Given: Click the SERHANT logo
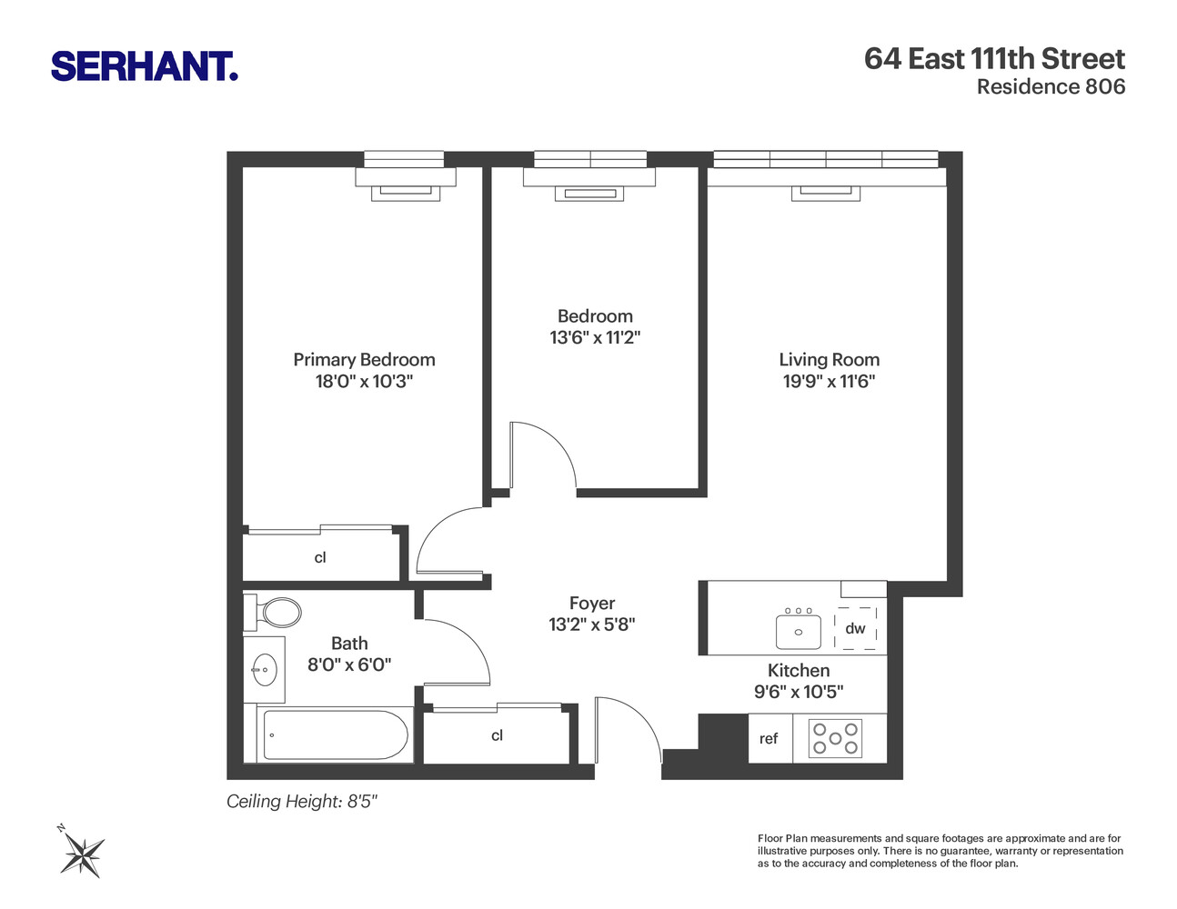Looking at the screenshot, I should tap(144, 66).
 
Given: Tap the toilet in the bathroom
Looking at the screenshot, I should tap(277, 613).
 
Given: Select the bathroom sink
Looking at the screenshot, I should tap(264, 671).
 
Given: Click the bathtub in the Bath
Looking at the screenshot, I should tap(335, 734).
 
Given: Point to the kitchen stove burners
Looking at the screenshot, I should tap(836, 738).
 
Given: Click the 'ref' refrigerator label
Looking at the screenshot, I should tap(769, 739).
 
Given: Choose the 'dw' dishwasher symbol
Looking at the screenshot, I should tap(855, 628).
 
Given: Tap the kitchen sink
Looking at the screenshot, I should tap(799, 631).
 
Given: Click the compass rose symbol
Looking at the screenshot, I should tap(82, 854).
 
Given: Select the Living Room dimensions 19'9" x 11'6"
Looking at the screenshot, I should tap(829, 382).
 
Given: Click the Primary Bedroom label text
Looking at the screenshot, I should tap(364, 360).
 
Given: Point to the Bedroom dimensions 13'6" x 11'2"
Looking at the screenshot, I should tap(595, 338).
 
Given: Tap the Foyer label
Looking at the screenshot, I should tap(592, 604).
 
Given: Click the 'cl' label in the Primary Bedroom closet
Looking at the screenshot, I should tap(320, 558).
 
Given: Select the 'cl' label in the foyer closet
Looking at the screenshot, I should tap(497, 735).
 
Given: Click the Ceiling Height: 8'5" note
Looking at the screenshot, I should tap(301, 802).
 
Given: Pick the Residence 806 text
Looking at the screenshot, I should tap(1051, 87).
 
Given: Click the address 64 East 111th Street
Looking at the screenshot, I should tap(994, 59).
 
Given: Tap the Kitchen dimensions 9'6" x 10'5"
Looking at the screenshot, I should tap(799, 692).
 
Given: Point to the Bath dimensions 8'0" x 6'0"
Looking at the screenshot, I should tap(349, 664).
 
